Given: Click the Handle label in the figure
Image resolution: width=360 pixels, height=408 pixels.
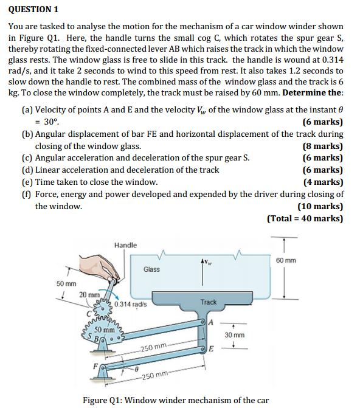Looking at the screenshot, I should click(125, 245).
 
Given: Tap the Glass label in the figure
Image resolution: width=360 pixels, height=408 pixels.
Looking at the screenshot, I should click(151, 269).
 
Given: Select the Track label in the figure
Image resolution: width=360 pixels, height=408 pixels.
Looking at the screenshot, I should click(209, 302).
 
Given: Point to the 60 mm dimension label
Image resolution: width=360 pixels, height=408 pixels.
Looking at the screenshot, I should click(286, 260).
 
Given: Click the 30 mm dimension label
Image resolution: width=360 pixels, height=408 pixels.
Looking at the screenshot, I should click(234, 335).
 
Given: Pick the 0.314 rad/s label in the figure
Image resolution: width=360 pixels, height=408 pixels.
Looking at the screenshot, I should click(130, 304).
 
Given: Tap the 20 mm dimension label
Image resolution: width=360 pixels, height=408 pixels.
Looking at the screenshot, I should click(89, 295).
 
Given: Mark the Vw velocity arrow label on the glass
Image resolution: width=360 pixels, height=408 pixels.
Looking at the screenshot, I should click(210, 262).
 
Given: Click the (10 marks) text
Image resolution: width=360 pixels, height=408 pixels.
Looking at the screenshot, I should click(320, 206).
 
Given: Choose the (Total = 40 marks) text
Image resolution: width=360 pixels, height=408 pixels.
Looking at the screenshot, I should click(305, 218).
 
